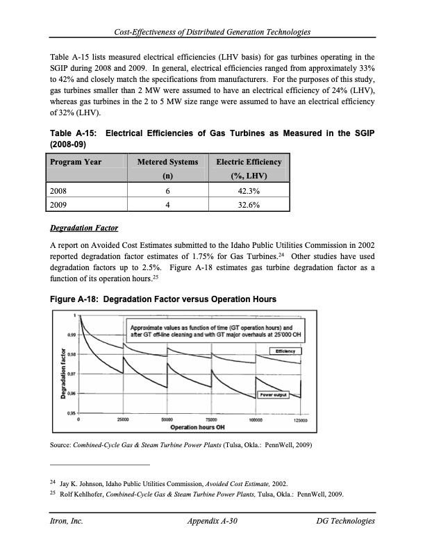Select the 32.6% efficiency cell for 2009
248,205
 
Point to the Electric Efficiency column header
248,162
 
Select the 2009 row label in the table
60,205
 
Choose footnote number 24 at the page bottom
53,481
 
